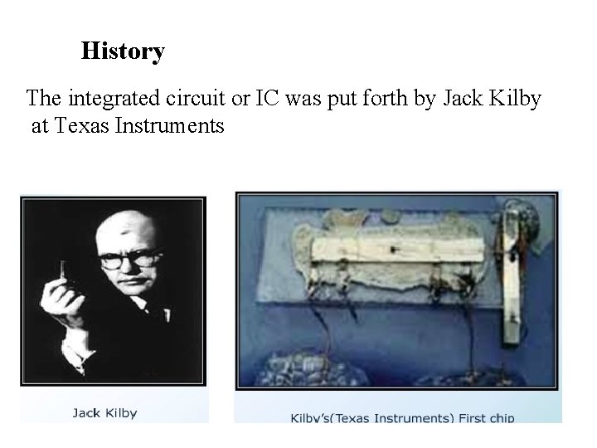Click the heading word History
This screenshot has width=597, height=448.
point(123,51)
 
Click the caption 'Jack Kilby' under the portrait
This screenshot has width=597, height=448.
point(104,412)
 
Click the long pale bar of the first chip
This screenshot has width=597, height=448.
point(398,249)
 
